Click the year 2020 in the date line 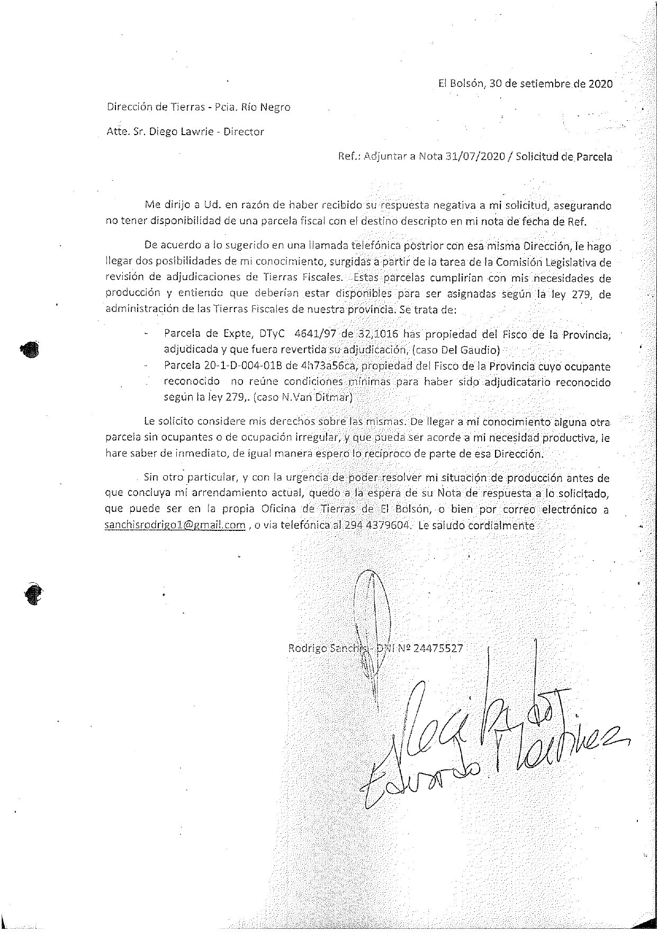click(600, 84)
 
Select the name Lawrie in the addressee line click(196, 132)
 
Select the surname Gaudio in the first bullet click(483, 350)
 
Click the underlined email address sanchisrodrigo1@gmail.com click(175, 526)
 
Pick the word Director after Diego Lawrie click(243, 132)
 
